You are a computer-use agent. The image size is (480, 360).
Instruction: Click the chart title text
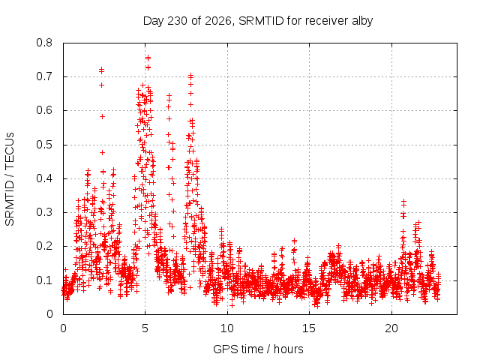coord(258,21)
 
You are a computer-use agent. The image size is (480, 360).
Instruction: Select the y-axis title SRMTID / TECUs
coord(10,179)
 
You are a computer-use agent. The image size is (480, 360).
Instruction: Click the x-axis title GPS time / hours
coord(258,349)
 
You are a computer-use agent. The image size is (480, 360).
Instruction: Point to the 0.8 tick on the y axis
coord(44,43)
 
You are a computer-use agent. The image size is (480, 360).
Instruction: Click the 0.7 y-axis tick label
coord(44,76)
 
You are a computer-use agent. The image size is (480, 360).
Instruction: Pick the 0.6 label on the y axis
coord(44,110)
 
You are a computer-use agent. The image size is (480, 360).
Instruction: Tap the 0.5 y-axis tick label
coord(44,145)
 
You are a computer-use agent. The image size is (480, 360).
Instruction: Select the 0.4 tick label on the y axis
coord(44,178)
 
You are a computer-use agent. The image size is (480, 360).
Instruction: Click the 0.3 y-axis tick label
coord(44,212)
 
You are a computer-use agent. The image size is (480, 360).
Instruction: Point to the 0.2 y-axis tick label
coord(44,247)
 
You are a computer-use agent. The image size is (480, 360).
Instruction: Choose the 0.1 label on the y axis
coord(44,280)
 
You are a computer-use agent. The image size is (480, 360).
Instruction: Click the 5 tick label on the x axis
coord(145,328)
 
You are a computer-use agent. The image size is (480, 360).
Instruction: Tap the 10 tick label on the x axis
coord(227,328)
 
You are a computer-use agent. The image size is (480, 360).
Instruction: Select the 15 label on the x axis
coord(309,328)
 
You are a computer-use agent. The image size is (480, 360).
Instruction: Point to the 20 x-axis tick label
coord(391,328)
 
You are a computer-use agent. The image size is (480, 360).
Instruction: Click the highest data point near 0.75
coord(148,58)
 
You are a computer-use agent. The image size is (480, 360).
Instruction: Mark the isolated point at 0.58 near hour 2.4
coord(102,117)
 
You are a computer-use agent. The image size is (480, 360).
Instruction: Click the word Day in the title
coord(154,22)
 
